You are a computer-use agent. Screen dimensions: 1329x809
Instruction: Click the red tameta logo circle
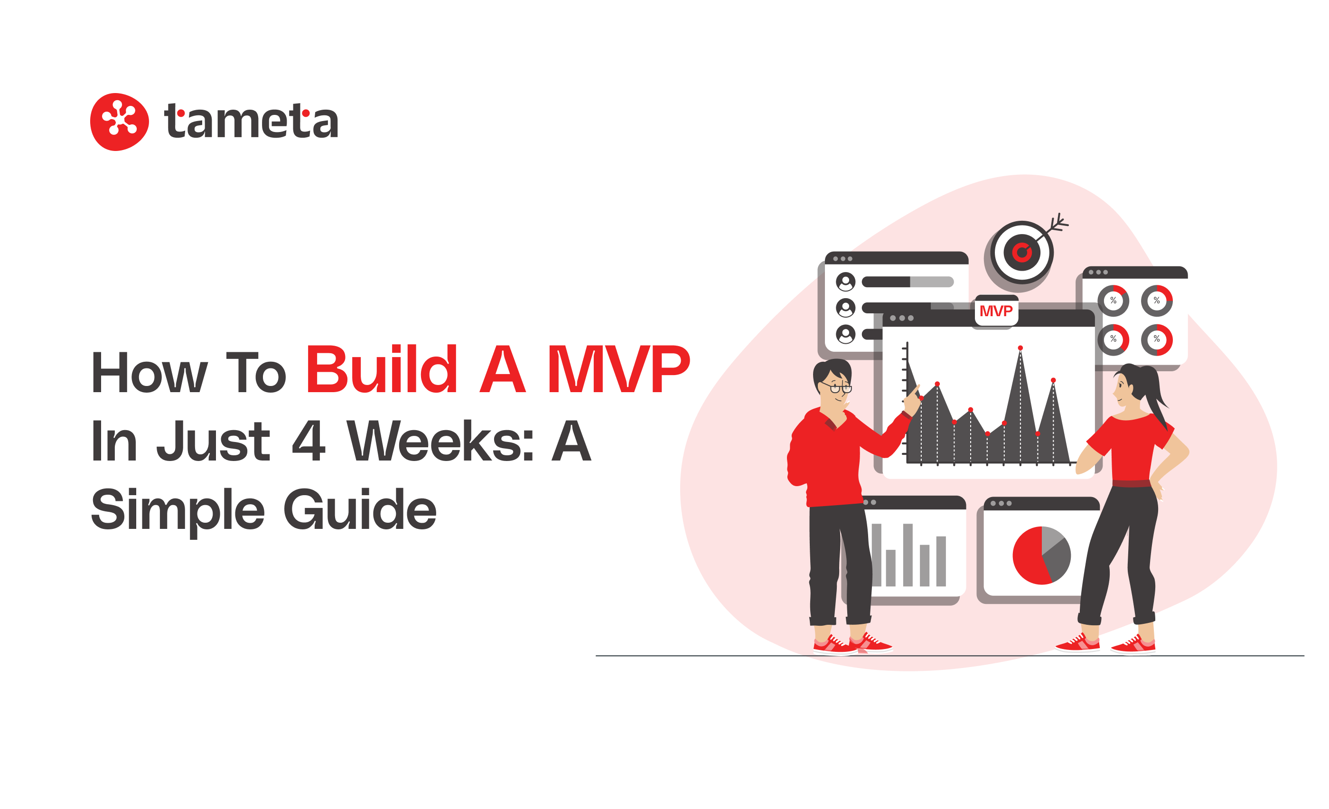pyautogui.click(x=119, y=122)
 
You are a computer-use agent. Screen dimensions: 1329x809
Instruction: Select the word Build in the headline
pyautogui.click(x=382, y=370)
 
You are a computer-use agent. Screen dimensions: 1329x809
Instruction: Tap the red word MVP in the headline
pyautogui.click(x=618, y=370)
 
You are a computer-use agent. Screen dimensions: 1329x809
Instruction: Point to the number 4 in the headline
pyautogui.click(x=309, y=441)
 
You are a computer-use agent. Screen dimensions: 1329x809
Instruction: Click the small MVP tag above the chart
pyautogui.click(x=996, y=311)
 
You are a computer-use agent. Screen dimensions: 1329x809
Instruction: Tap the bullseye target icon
pyautogui.click(x=1021, y=252)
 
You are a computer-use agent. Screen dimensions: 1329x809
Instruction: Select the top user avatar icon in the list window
pyautogui.click(x=845, y=282)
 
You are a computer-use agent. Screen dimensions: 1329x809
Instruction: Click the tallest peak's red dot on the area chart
pyautogui.click(x=1020, y=348)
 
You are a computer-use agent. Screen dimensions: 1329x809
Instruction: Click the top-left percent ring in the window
pyautogui.click(x=1113, y=301)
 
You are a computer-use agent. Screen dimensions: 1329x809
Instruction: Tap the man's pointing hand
pyautogui.click(x=911, y=401)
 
